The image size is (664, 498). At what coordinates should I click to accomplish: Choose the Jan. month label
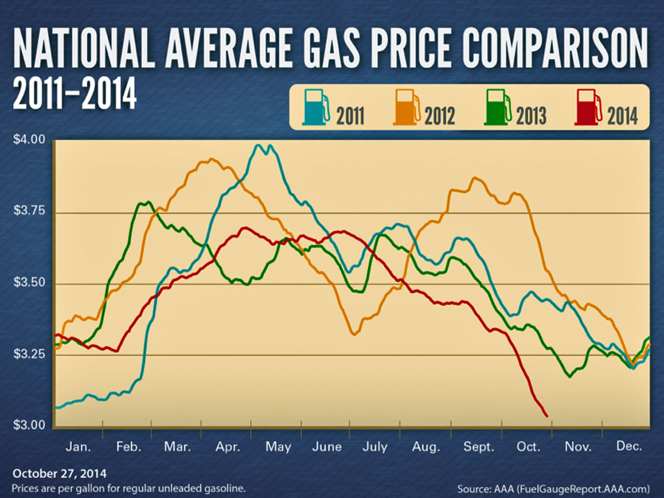(x=79, y=447)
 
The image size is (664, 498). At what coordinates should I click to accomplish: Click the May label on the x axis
(x=278, y=447)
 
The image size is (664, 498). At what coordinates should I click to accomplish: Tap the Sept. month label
(x=479, y=447)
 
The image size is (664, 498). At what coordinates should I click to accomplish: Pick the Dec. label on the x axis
(x=629, y=447)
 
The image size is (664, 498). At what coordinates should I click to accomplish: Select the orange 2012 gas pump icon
(x=407, y=107)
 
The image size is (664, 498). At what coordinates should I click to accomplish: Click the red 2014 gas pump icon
(x=589, y=107)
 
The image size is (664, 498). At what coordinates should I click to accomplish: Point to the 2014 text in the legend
(x=622, y=116)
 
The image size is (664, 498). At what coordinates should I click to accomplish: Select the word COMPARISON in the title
(x=559, y=50)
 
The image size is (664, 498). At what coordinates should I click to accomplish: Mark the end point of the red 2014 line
(x=546, y=416)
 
